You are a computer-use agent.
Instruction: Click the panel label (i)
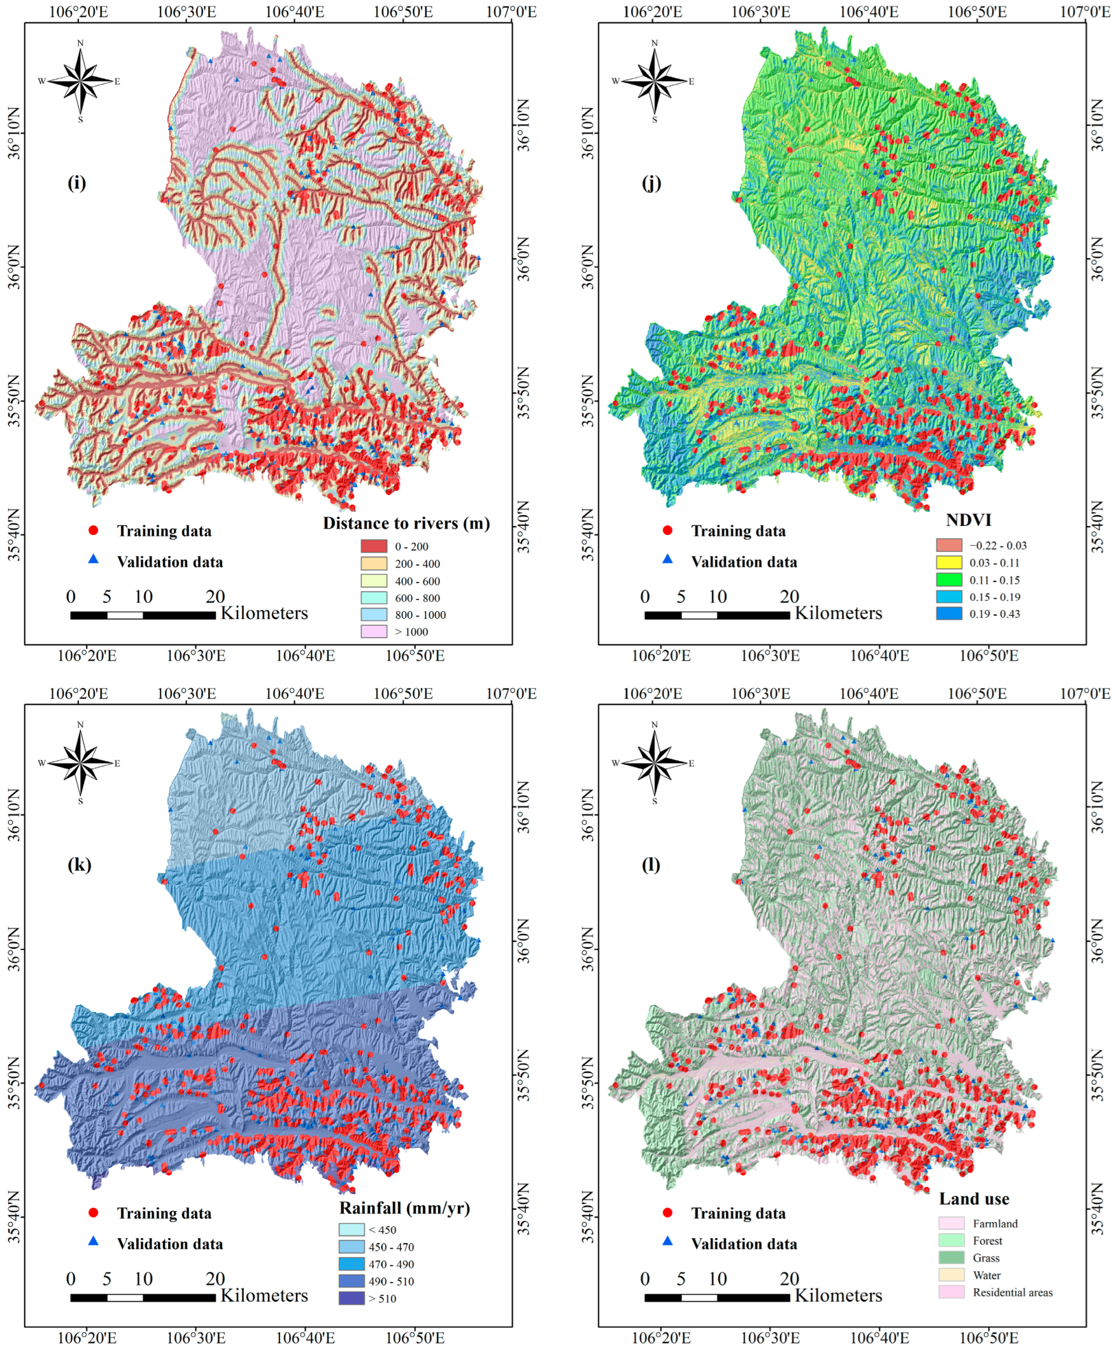coord(77,183)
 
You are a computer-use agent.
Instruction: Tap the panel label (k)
coord(79,865)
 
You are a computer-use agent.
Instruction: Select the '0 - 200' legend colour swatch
coord(374,546)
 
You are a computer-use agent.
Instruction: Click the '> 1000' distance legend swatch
coord(374,632)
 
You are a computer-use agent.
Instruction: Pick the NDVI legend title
coord(969,520)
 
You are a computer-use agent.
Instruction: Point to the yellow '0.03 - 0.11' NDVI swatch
coord(949,562)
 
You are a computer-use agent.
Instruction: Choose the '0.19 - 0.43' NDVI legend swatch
coord(949,614)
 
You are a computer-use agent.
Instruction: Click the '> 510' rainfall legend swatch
coord(352,1298)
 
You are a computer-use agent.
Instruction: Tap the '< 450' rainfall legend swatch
coord(352,1229)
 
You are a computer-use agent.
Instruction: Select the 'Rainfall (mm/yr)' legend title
coord(405,1208)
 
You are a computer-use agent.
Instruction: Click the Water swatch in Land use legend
coord(951,1275)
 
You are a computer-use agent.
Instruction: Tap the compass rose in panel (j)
coord(654,81)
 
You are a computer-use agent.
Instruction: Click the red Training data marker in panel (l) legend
coord(668,1212)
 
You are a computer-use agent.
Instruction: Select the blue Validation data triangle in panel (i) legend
coord(93,559)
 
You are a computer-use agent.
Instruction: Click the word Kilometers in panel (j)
coord(838,613)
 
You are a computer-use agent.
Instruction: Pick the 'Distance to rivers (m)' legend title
coord(406,523)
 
